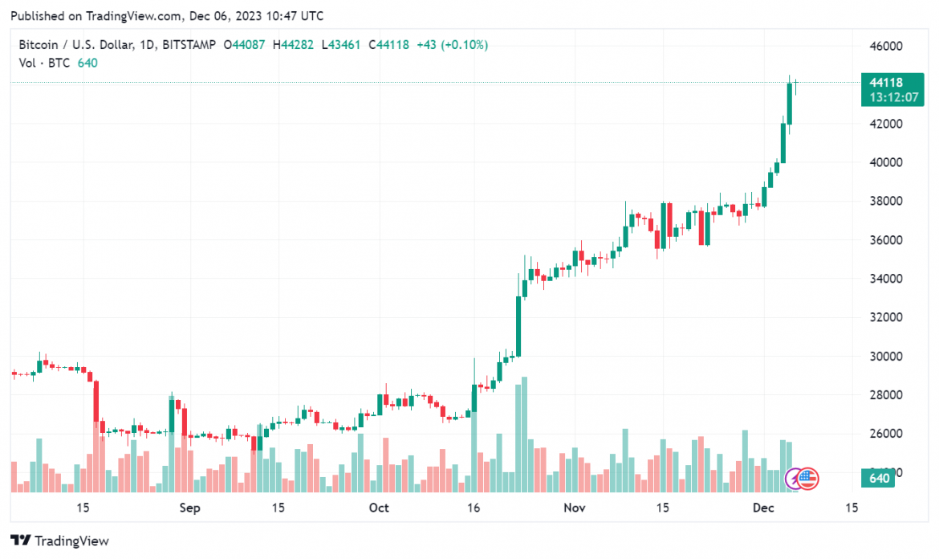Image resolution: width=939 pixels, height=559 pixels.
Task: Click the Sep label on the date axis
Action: [x=189, y=508]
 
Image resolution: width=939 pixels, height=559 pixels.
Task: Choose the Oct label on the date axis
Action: [x=378, y=508]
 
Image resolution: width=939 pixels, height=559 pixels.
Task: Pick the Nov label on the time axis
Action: [x=574, y=508]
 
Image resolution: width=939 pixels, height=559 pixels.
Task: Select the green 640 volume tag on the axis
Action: [x=880, y=479]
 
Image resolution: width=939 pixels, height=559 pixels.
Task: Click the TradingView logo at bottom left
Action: [x=59, y=541]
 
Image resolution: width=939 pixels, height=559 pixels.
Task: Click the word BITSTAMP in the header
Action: [x=188, y=45]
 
